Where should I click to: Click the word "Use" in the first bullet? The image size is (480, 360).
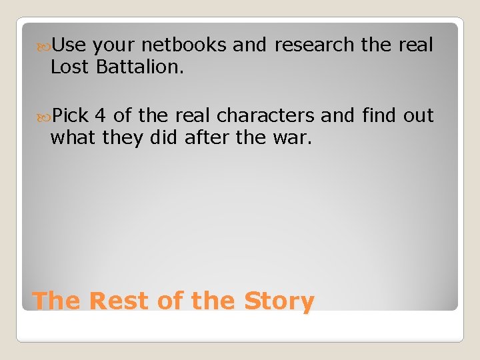(69, 45)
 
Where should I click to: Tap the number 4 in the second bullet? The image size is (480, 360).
(100, 116)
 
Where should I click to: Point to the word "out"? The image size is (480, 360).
(419, 116)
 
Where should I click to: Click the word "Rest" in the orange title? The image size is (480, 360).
(119, 301)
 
